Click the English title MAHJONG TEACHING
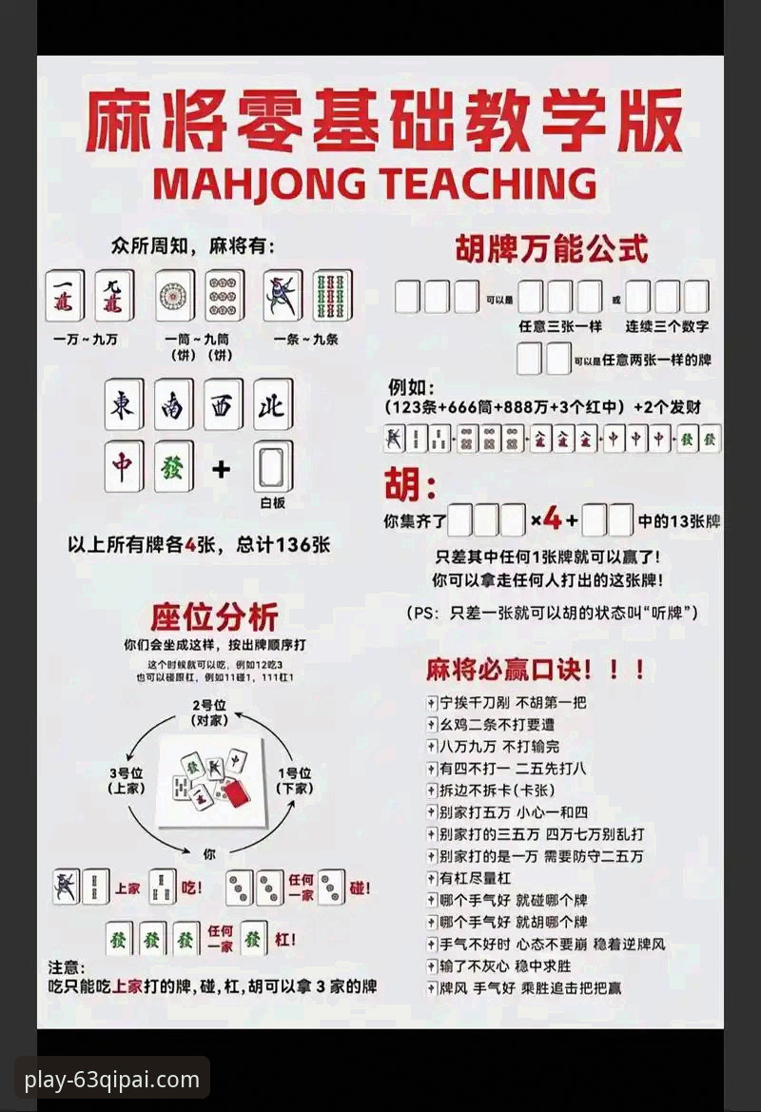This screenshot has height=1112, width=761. coord(375,184)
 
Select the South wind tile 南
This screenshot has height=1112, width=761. coord(173,405)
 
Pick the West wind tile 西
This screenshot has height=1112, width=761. coord(223,405)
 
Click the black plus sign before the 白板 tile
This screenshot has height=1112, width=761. coord(222,468)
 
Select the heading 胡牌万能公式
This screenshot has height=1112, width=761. coord(552,249)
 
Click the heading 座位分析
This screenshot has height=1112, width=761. coord(215,616)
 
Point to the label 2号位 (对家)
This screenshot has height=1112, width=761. coord(208,713)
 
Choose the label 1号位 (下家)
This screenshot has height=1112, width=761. coord(295,780)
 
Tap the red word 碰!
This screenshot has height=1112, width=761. coord(360,888)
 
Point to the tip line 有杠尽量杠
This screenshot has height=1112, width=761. coord(475,877)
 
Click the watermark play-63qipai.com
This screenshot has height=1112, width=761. coord(112,1080)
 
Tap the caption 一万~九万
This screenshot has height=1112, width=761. coord(86,340)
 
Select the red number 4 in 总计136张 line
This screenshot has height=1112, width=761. coord(189,545)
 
